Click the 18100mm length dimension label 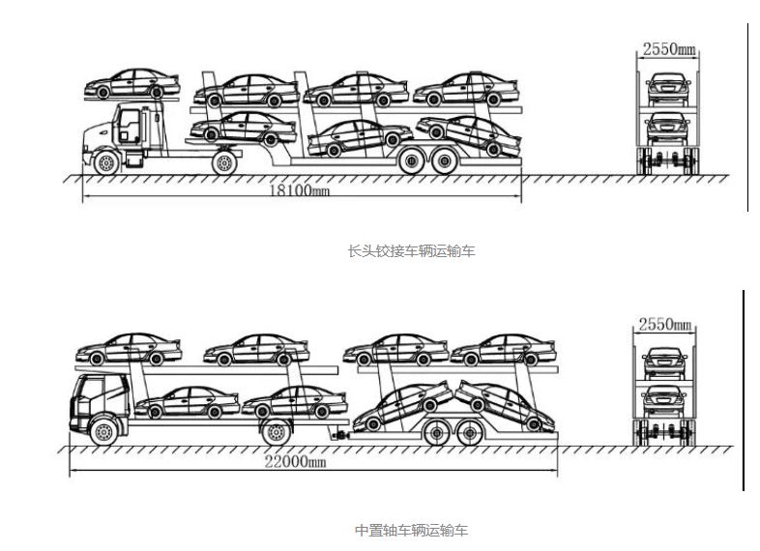point(298,190)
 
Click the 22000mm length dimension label point(295,462)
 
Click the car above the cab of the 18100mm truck point(132,84)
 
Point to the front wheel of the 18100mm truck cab point(106,162)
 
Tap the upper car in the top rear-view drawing point(665,87)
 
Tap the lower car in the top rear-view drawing point(665,127)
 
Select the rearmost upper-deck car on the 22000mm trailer point(503,350)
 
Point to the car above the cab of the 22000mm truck point(129,348)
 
